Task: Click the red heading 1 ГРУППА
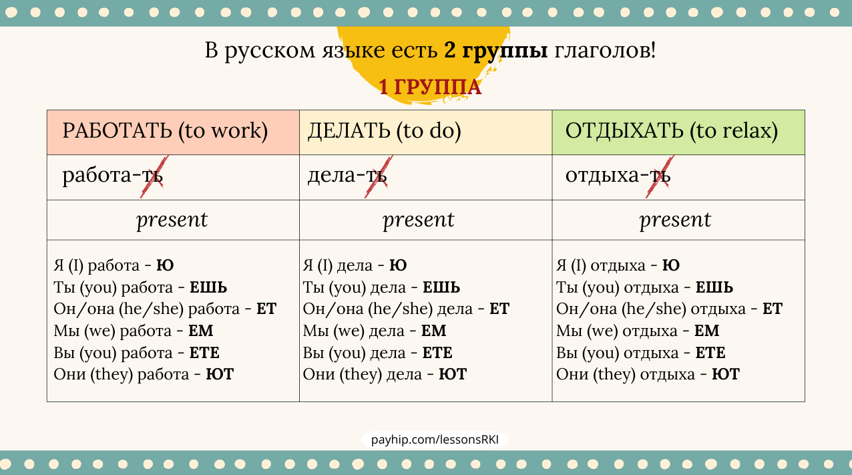pyautogui.click(x=430, y=87)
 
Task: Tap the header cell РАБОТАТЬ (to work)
pyautogui.click(x=173, y=132)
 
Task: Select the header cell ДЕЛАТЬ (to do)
pyautogui.click(x=425, y=132)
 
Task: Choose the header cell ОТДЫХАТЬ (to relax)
pyautogui.click(x=678, y=132)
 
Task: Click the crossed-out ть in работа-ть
pyautogui.click(x=152, y=176)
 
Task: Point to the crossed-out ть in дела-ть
pyautogui.click(x=377, y=176)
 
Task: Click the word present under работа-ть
pyautogui.click(x=172, y=220)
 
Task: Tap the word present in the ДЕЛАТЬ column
pyautogui.click(x=419, y=220)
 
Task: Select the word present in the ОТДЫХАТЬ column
pyautogui.click(x=675, y=220)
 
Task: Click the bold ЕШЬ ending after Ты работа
pyautogui.click(x=208, y=287)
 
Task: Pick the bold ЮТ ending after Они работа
pyautogui.click(x=220, y=374)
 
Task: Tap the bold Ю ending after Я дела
pyautogui.click(x=398, y=265)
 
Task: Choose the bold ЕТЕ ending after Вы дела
pyautogui.click(x=437, y=353)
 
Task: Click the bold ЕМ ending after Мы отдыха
pyautogui.click(x=706, y=331)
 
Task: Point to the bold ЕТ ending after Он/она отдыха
pyautogui.click(x=773, y=309)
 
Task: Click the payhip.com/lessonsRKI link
pyautogui.click(x=435, y=440)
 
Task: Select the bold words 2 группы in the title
pyautogui.click(x=495, y=51)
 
